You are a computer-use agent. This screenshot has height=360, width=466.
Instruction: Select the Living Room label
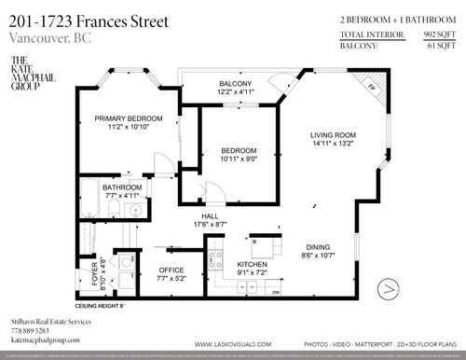pos(334,140)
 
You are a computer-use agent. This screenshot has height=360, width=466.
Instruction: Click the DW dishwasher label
pos(277,293)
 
